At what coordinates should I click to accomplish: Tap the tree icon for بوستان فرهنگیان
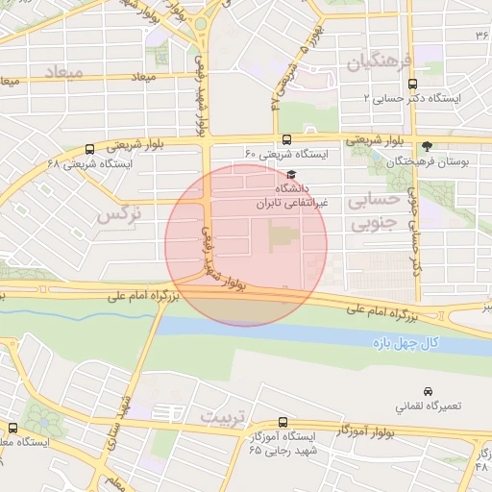[427, 147]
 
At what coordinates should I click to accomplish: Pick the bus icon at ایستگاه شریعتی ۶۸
[89, 149]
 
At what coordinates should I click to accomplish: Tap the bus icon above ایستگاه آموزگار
[282, 423]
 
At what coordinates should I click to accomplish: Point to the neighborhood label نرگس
[119, 215]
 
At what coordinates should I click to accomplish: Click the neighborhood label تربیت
[224, 418]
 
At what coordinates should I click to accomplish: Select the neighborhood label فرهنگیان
[379, 63]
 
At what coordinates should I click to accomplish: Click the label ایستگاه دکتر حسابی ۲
[413, 99]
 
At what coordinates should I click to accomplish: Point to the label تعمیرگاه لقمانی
[428, 406]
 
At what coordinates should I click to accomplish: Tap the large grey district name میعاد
[93, 73]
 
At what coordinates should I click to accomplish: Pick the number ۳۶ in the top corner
[481, 35]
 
